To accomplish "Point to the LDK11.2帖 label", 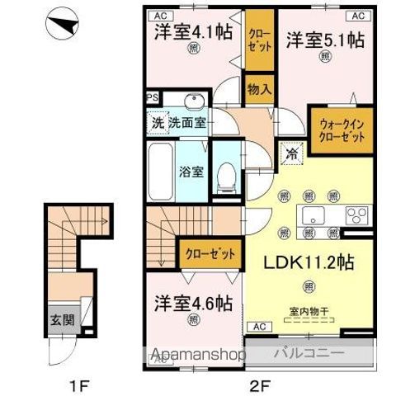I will click(309, 262).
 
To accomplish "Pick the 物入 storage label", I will click(260, 88).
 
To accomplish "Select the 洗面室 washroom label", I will click(188, 124).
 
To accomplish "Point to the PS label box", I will click(152, 97).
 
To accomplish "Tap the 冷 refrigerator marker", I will click(291, 153).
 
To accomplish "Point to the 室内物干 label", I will click(309, 312).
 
